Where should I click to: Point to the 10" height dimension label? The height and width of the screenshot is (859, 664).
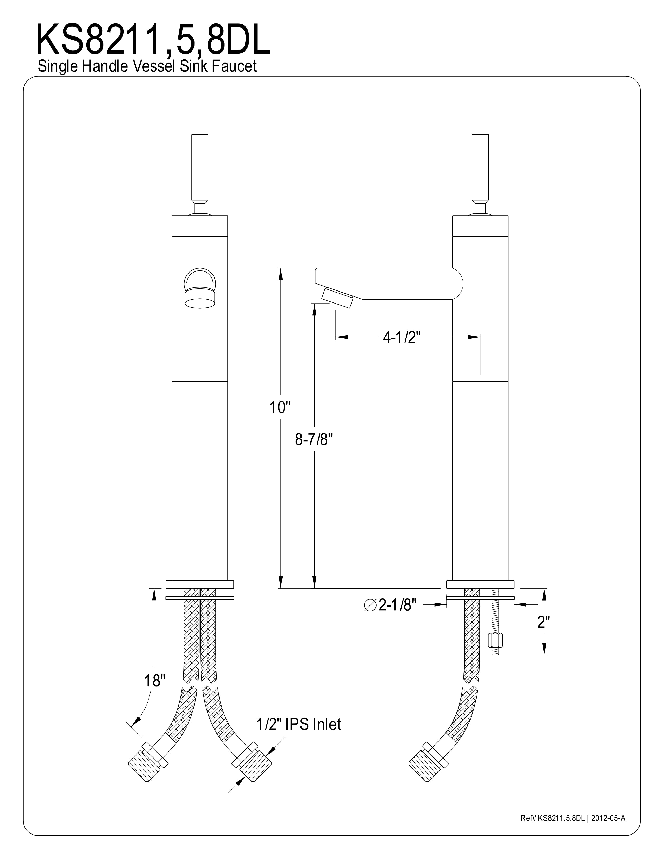click(x=279, y=407)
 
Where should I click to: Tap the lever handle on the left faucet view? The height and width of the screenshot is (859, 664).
click(x=200, y=175)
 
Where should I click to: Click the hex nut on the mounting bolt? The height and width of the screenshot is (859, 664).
click(x=494, y=640)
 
